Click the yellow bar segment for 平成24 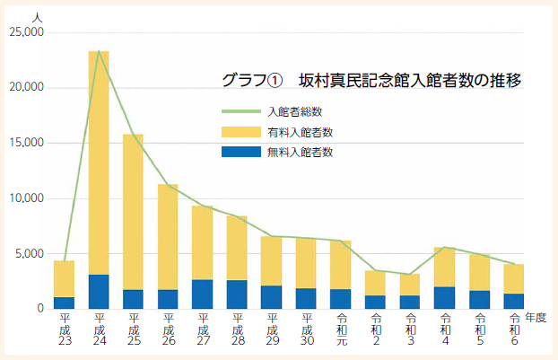99,162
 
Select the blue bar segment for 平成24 99,292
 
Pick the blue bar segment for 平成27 203,294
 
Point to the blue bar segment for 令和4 445,297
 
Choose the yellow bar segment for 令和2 376,283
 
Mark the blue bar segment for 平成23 65,303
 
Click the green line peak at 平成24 99,51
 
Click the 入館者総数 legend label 294,111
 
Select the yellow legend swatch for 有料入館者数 240,132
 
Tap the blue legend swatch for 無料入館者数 240,152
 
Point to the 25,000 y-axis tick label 25,32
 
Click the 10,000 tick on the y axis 25,198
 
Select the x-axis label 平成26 169,329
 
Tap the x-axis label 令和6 514,329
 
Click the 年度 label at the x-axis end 536,318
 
